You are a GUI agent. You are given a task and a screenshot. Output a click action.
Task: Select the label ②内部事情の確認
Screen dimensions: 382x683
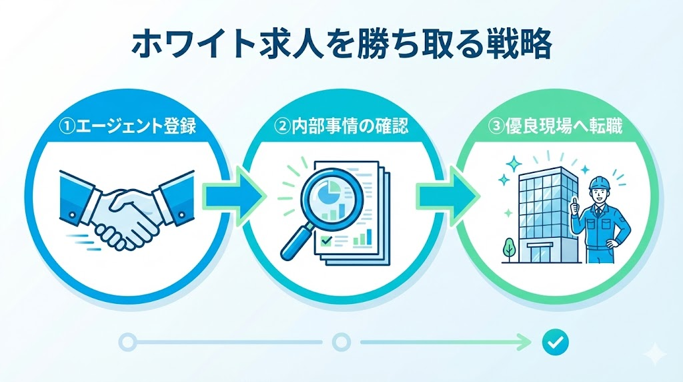tap(341, 125)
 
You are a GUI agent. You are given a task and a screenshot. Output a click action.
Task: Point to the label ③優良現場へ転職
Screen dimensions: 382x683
tap(556, 125)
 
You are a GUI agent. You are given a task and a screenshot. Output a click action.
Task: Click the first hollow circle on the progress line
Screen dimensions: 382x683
tap(127, 343)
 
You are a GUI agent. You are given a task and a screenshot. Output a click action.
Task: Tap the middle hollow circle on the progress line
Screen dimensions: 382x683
tap(341, 343)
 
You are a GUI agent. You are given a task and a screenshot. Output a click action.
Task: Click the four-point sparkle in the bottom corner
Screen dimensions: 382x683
tap(655, 353)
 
